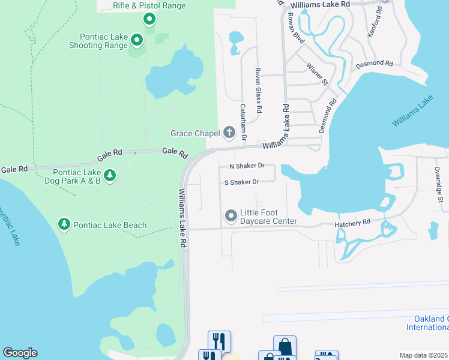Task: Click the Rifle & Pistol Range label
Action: click(149, 6)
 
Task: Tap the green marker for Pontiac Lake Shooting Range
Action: click(137, 41)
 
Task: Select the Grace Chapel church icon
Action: click(229, 132)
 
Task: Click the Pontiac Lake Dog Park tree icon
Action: click(109, 175)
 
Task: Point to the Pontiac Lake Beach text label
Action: click(110, 225)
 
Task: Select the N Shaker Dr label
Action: click(247, 166)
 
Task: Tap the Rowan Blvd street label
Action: click(297, 28)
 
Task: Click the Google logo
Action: click(20, 353)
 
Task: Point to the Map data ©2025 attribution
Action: click(423, 355)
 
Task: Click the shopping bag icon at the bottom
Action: click(285, 346)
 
